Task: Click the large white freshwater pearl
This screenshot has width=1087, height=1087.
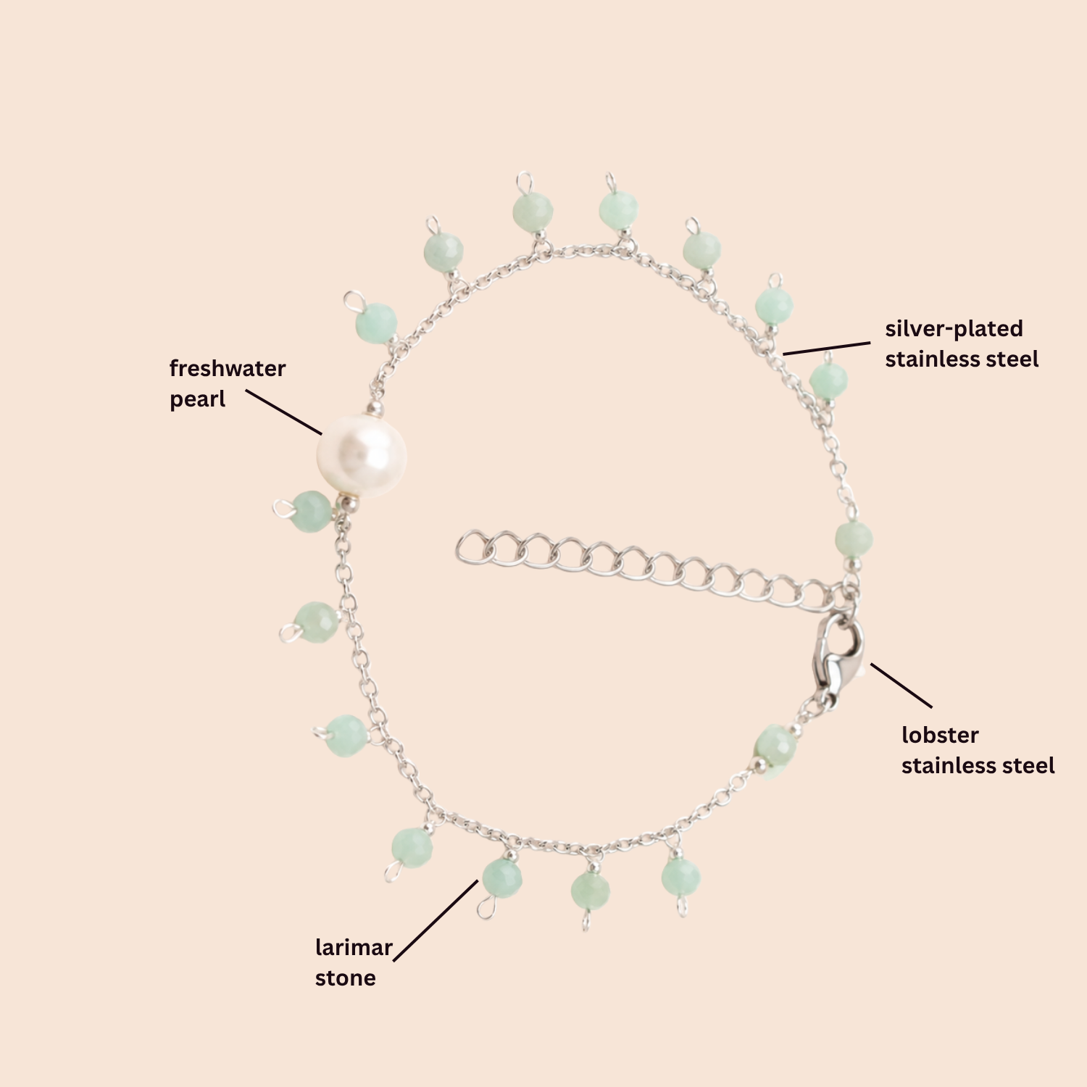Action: coord(362,456)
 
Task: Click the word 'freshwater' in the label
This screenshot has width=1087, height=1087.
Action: coord(228,368)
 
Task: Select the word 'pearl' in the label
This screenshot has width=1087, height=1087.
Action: coord(197,399)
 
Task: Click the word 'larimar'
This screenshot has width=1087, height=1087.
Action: coord(354,947)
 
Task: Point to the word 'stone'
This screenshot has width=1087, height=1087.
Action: coord(345,978)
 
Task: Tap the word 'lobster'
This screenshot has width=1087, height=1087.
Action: coord(940,735)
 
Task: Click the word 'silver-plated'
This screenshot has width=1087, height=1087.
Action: coord(954,328)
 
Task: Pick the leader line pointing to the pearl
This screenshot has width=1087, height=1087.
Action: coord(284,412)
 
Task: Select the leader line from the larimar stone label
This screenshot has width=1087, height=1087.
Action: coord(436,920)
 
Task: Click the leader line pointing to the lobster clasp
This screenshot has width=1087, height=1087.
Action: coord(901,685)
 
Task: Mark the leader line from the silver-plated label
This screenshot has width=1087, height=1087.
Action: coord(827,349)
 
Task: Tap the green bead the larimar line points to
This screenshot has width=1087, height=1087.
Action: coord(502,878)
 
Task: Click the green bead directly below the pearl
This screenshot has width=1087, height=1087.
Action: coord(312,512)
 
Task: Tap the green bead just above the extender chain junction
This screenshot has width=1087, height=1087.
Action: coord(854,539)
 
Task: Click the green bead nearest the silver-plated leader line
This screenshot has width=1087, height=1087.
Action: coord(774,307)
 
